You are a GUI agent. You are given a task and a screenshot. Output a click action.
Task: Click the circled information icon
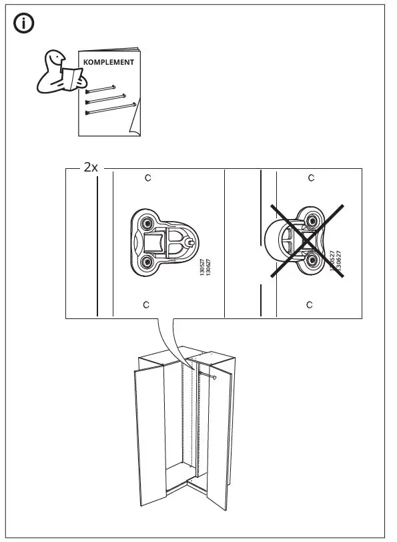(x=25, y=24)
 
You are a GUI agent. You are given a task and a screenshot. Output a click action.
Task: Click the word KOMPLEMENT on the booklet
(x=108, y=62)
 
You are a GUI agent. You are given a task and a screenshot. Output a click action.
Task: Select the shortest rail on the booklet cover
(x=101, y=88)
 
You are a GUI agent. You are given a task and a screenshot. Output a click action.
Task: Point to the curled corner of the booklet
(x=134, y=127)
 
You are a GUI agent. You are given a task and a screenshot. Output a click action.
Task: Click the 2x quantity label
(x=91, y=168)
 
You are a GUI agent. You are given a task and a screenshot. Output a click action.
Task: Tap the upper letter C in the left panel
(x=148, y=178)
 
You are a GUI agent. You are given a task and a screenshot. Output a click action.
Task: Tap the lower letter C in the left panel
(x=147, y=304)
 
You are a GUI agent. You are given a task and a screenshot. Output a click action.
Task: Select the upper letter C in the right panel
(x=311, y=178)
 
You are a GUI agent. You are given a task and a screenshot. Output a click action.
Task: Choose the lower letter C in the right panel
(x=310, y=304)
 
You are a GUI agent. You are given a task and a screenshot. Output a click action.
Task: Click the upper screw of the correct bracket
(x=147, y=222)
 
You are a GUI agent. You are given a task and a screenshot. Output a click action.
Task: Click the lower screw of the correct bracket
(x=147, y=260)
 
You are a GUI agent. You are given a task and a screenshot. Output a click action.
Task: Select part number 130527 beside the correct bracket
(x=202, y=273)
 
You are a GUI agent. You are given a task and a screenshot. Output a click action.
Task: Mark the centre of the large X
(x=306, y=241)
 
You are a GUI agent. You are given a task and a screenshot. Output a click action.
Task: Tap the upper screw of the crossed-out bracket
(x=312, y=221)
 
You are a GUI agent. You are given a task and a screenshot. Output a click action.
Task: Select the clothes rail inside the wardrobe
(x=206, y=376)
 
